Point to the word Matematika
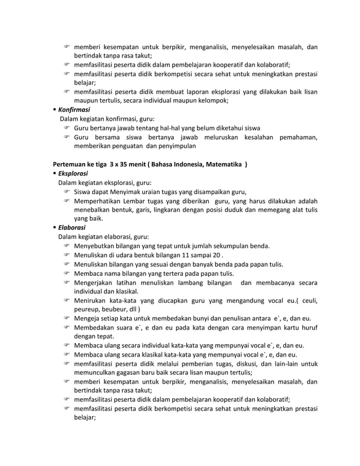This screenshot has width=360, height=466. point(220,164)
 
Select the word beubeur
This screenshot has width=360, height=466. point(115,309)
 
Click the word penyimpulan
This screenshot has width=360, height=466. point(177,146)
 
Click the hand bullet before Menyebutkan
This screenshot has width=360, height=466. point(66,246)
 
